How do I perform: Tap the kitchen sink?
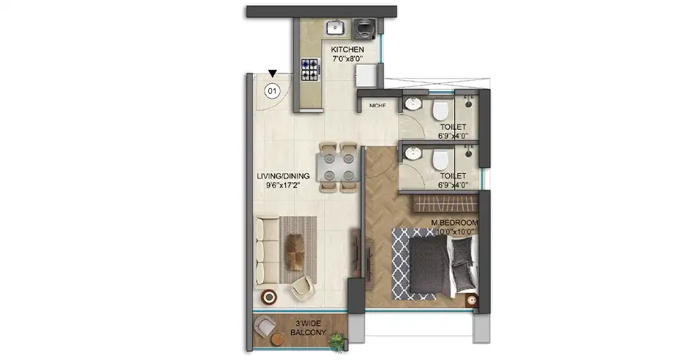click(x=335, y=29)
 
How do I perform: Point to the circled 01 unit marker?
click(x=272, y=91)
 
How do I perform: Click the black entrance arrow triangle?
click(x=273, y=73)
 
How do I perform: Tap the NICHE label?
click(x=377, y=106)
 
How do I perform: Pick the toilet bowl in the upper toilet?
click(x=440, y=109)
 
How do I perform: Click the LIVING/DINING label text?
click(x=283, y=176)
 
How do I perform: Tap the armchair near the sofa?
click(x=301, y=287)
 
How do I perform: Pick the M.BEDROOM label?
click(x=456, y=222)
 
